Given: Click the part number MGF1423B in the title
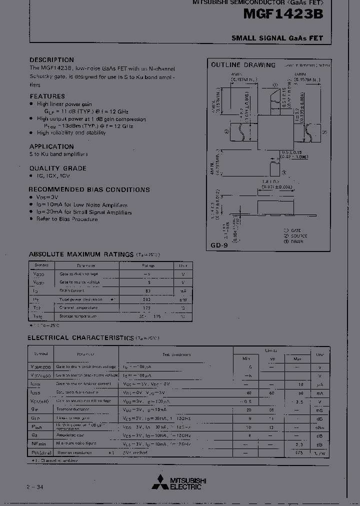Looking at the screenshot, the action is tap(283, 15).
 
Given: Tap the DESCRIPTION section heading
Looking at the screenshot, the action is tap(51, 60).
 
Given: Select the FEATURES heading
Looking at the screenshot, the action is tap(47, 96).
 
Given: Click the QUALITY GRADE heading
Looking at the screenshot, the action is tap(57, 168).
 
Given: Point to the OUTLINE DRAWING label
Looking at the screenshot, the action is tap(243, 65).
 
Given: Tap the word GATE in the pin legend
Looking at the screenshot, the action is tap(296, 230).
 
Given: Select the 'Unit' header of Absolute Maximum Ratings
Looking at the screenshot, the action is tap(183, 265).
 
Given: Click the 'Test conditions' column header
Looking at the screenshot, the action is tap(176, 354).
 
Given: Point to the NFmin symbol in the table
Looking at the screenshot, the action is tap(39, 443).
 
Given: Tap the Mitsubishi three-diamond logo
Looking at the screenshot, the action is tap(160, 482).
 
